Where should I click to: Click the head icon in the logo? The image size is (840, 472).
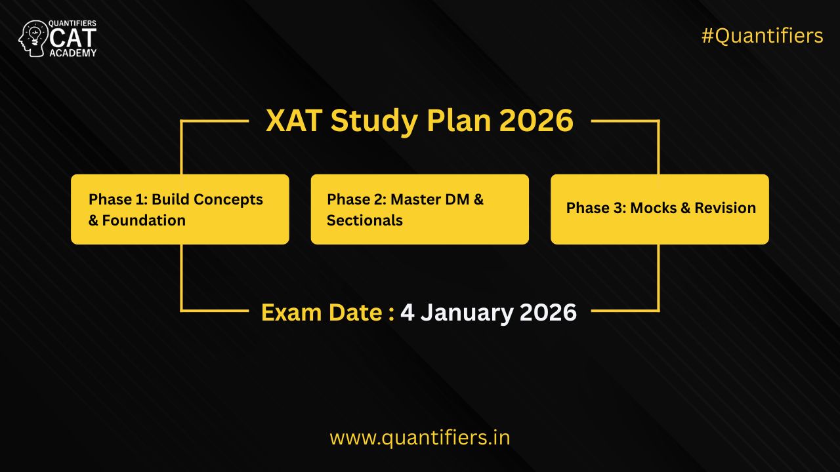(x=33, y=38)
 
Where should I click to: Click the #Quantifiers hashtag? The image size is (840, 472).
(x=762, y=36)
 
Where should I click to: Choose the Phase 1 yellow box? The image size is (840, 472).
(x=180, y=209)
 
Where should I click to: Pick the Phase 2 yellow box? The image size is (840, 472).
(x=419, y=209)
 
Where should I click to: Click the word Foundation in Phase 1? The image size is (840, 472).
(x=144, y=220)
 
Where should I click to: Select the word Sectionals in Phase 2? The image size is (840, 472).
(x=365, y=220)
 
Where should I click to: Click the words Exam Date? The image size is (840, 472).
(x=322, y=313)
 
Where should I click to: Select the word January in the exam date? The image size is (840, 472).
(x=466, y=313)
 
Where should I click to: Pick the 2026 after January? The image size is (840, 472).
(x=548, y=313)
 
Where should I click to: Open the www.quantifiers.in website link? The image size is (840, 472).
(x=419, y=437)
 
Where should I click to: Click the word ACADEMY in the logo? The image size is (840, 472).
(x=73, y=52)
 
